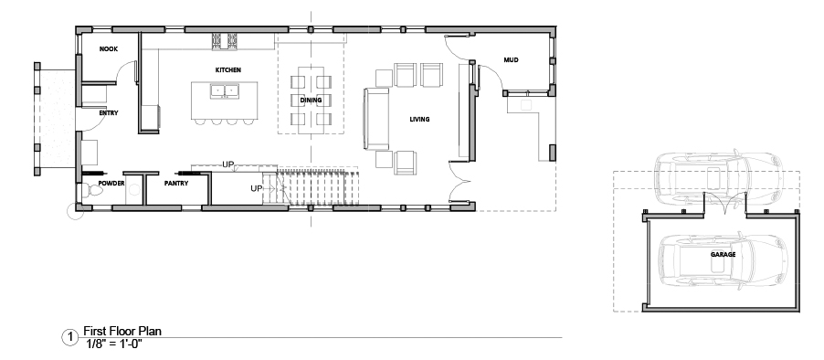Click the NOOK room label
pos(109,48)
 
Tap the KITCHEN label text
pos(228,69)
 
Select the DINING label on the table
pos(311,100)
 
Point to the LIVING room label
pos(419,120)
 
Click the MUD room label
pos(511,60)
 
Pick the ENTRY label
pos(109,113)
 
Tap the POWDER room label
pos(111,184)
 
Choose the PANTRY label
pos(176,184)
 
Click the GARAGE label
pos(724,254)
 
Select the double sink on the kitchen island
pos(225,91)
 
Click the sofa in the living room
pos(375,119)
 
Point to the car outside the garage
pos(718,177)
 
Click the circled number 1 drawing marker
pos(69,337)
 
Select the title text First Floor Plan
pos(122,331)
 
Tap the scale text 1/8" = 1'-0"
pos(114,344)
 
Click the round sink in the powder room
pos(134,190)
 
